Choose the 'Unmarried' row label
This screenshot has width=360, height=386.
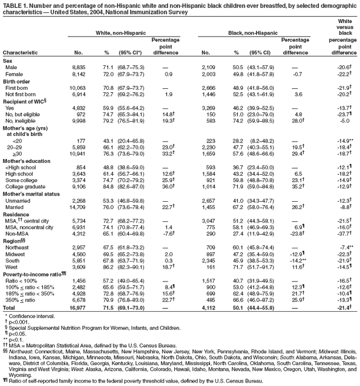click(20, 201)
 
